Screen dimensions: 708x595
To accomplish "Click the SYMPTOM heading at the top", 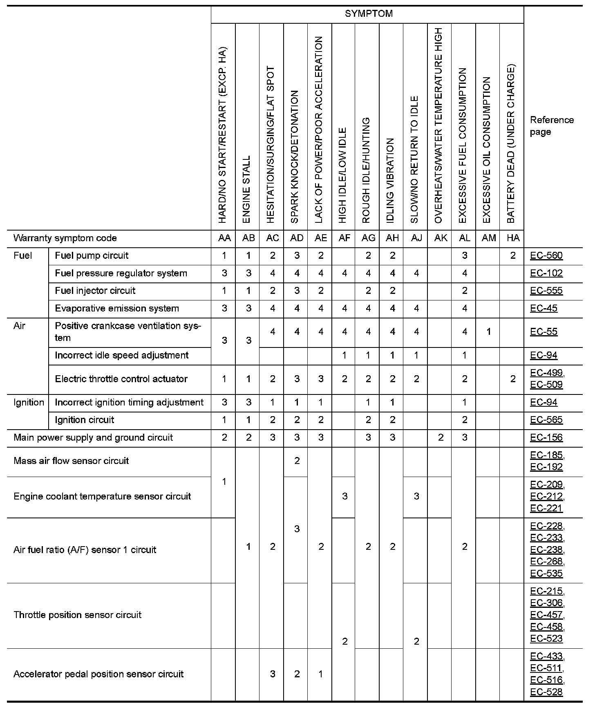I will click(369, 14).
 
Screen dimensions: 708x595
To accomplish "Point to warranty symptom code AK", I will click(441, 238).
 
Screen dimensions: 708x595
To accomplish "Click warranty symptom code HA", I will click(513, 238).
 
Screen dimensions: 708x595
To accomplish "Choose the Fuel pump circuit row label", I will click(92, 256).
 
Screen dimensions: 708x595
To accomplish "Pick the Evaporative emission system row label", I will click(117, 309).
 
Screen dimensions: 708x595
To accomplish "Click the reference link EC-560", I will click(546, 256).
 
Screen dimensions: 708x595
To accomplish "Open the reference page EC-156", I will click(546, 438).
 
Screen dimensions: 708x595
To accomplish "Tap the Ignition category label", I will click(29, 403).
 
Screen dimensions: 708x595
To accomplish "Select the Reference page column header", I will click(552, 126).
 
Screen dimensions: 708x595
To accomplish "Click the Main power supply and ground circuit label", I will click(93, 438).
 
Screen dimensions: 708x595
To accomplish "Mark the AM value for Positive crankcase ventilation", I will click(489, 332).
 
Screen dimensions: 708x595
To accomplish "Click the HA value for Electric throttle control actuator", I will click(513, 379).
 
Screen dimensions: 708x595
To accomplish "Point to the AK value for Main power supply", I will click(441, 438).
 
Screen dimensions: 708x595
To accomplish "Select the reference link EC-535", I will click(546, 574).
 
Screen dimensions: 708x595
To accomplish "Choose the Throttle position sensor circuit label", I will click(77, 615).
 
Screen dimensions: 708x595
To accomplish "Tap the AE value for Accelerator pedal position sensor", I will click(321, 674).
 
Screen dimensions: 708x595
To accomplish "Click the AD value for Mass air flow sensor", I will click(297, 461).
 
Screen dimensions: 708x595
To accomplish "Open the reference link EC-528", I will click(546, 692).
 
